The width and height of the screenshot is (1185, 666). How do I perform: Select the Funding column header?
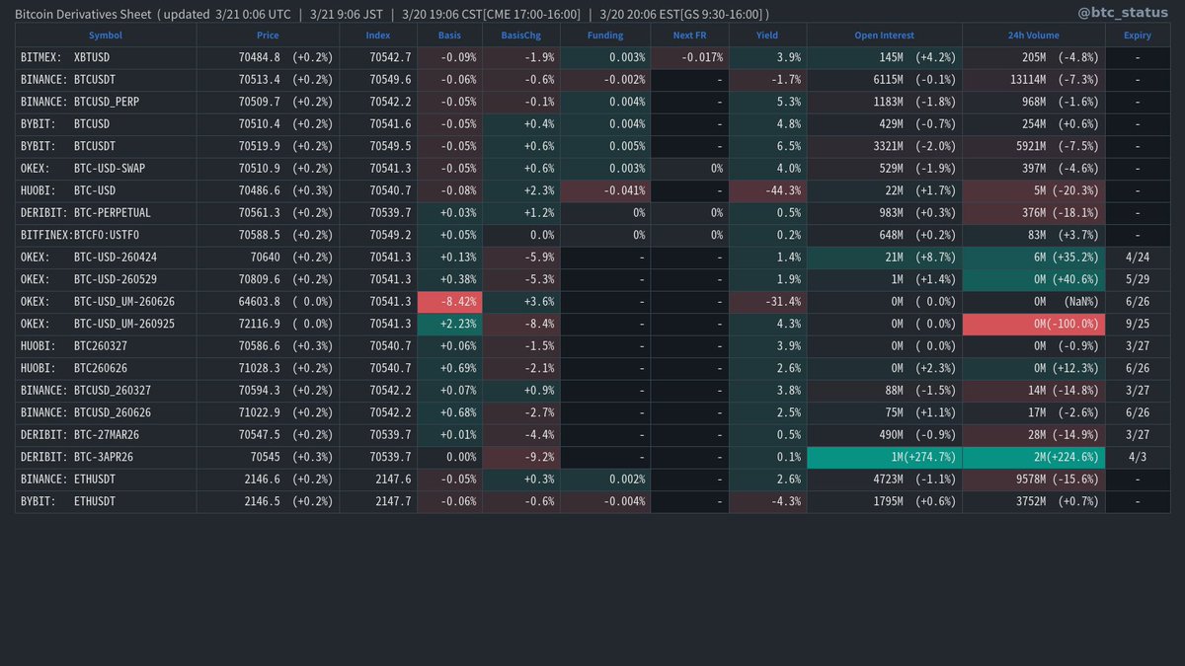tap(605, 36)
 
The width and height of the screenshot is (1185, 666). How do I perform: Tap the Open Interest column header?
tap(884, 36)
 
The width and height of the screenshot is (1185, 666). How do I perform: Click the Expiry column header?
tap(1137, 36)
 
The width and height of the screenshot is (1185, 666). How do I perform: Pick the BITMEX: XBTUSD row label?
tap(65, 57)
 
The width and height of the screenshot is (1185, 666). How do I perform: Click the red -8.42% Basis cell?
tap(449, 302)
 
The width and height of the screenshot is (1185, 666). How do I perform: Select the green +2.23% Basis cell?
tap(449, 324)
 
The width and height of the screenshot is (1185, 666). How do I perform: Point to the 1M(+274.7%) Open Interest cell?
tap(884, 457)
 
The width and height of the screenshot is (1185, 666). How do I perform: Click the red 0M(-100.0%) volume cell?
tap(1033, 324)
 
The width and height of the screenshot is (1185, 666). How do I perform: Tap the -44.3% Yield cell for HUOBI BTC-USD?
tap(767, 190)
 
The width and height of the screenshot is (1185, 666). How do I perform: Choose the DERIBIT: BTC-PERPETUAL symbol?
tap(85, 213)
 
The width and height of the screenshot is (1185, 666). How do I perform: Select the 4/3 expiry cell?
tap(1138, 457)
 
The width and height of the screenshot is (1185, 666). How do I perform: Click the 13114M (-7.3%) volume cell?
tap(1033, 80)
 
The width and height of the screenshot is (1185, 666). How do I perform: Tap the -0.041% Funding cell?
tap(605, 190)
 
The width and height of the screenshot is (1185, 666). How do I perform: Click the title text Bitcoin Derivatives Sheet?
tap(83, 14)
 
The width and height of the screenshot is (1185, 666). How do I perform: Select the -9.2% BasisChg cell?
tap(520, 457)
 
